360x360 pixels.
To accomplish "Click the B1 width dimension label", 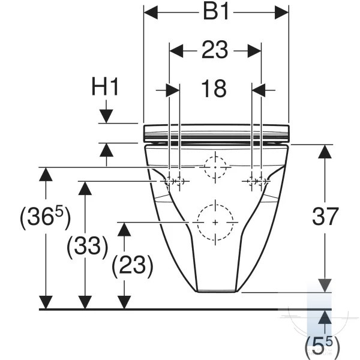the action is (x=216, y=12).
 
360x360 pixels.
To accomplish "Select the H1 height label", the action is (x=105, y=86).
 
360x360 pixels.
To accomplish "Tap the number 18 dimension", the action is (x=214, y=89).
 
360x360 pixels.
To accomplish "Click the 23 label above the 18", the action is (x=215, y=50).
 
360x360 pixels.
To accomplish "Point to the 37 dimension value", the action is (x=325, y=216).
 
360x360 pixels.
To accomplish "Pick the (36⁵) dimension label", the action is (x=46, y=217).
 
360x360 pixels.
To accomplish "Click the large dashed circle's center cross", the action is (x=215, y=223).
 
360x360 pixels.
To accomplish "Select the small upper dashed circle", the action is (x=215, y=167).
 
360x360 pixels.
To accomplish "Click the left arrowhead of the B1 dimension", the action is (x=151, y=13).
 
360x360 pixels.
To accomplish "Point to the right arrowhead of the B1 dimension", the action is (x=282, y=13).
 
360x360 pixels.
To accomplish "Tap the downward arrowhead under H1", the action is (x=106, y=116).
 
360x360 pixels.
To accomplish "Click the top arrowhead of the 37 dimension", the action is (x=325, y=152).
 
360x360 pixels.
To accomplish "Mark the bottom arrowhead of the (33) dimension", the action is (x=85, y=302).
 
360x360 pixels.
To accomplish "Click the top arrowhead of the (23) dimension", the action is (x=124, y=229).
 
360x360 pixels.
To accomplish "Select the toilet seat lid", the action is (x=216, y=133).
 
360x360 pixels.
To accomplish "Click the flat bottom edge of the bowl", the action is (x=217, y=292).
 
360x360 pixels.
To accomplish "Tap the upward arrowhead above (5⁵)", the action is (x=325, y=317).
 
